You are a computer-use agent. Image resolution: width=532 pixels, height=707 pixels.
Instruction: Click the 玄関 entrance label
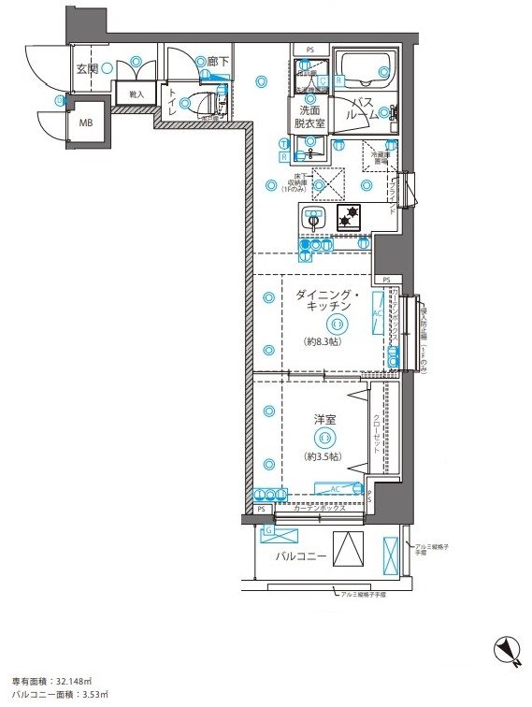[x=87, y=67]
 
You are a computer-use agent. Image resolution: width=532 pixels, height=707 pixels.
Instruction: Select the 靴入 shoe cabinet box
[x=137, y=94]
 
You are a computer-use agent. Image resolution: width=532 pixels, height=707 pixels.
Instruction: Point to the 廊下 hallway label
[x=218, y=63]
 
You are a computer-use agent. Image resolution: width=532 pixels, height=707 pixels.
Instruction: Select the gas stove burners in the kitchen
[x=348, y=219]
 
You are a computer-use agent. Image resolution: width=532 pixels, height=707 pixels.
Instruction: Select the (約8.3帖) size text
[x=323, y=341]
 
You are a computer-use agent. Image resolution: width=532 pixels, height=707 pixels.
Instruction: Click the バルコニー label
[x=300, y=556]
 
